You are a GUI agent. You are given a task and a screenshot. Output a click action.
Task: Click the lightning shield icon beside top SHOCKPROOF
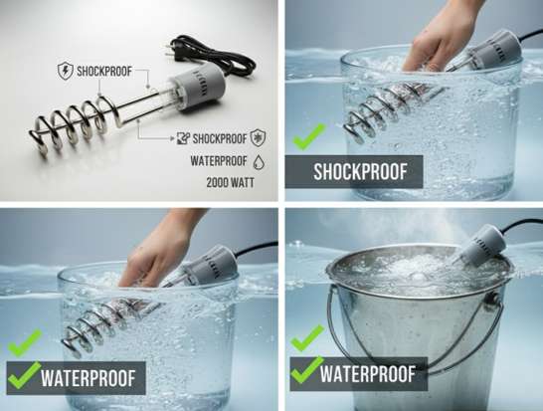[65, 71]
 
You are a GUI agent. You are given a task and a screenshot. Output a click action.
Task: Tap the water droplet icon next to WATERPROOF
[259, 161]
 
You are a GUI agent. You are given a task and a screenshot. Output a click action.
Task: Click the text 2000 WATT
[230, 183]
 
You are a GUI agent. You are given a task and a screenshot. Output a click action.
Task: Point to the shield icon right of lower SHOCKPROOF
[258, 138]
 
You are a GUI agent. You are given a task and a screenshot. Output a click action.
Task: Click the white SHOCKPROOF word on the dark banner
[360, 172]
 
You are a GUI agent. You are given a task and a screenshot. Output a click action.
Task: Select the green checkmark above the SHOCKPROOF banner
[308, 136]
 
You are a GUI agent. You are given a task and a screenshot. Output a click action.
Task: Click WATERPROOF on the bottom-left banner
[88, 378]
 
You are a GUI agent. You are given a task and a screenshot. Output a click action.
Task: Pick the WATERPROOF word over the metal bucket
[367, 374]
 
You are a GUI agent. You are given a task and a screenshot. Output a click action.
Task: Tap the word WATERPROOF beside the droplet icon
[219, 161]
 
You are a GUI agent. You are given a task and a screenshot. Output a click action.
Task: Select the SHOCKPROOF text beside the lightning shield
[104, 71]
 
